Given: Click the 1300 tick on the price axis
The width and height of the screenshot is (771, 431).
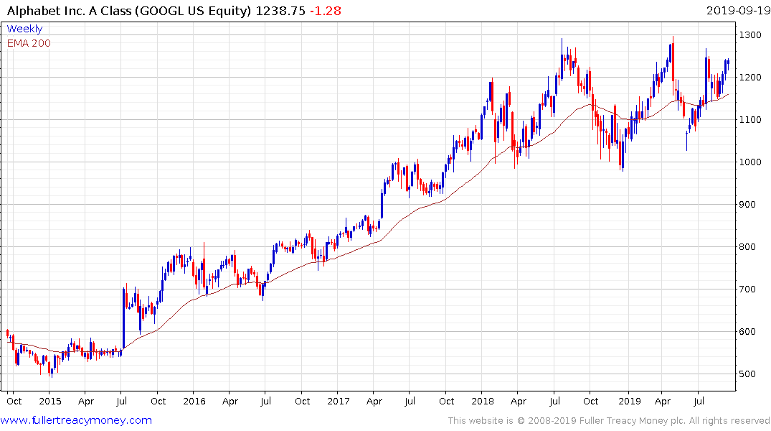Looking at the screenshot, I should click(x=751, y=35).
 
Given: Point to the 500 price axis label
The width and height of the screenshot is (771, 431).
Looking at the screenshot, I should click(x=748, y=374).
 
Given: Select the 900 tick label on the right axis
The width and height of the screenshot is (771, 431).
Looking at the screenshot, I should click(x=748, y=205).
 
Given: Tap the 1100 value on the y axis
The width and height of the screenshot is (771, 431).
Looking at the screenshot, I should click(x=751, y=120).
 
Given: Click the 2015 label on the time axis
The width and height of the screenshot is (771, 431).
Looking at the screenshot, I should click(x=50, y=402).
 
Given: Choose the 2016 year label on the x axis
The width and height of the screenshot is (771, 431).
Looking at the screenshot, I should click(x=194, y=402).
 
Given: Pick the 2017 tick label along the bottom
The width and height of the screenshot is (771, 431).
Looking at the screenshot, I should click(x=339, y=402).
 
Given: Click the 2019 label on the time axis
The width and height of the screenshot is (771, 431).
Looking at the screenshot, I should click(x=628, y=402).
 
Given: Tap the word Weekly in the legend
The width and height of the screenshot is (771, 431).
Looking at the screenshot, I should click(x=24, y=29).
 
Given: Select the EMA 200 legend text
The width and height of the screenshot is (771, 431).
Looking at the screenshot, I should click(x=29, y=43).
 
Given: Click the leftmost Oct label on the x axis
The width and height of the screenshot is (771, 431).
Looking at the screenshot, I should click(x=14, y=402).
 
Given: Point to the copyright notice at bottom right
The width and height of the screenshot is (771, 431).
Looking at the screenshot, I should click(x=609, y=420).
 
